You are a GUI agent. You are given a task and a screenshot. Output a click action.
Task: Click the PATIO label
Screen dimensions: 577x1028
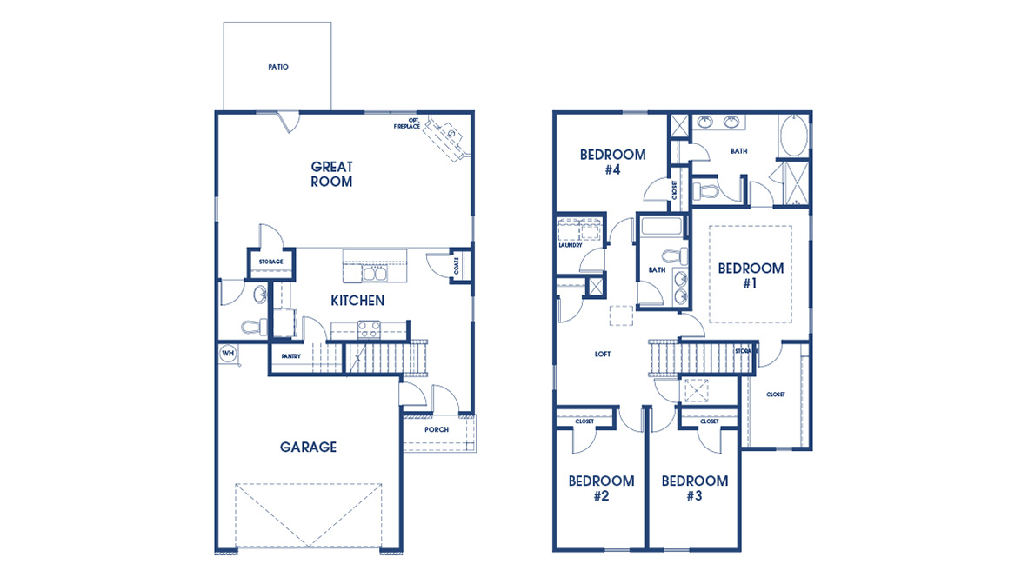point(277,67)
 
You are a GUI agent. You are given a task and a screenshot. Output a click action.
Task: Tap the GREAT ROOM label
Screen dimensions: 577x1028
point(331,174)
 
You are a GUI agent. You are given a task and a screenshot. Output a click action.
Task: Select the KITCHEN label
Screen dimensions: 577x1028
point(357,300)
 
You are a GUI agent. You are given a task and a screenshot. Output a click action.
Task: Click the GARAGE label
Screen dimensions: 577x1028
point(308,447)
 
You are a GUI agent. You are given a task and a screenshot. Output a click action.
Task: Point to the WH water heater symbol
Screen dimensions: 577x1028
point(228,353)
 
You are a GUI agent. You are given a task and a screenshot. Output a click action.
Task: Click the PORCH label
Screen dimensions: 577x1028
point(437,429)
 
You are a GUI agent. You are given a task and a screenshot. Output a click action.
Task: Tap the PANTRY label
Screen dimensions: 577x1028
point(290,356)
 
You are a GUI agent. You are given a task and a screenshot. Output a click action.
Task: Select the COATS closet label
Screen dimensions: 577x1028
point(457,266)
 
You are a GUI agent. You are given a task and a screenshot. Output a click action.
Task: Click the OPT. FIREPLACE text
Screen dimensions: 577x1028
point(407,123)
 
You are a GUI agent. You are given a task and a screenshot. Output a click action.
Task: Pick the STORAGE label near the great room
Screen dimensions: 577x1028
point(270,262)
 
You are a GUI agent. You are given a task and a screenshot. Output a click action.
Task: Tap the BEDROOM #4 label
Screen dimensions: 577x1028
point(612,162)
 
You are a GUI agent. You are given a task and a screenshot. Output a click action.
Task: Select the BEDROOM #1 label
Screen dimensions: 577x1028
point(751,275)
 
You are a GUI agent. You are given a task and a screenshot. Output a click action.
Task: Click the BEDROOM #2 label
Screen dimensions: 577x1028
point(601,488)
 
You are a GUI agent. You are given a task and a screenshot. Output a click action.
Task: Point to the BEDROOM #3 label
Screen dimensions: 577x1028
point(694,488)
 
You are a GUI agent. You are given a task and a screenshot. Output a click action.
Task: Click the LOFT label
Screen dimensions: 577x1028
point(603,354)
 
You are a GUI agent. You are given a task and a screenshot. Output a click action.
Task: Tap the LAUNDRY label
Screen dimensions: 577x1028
point(570,245)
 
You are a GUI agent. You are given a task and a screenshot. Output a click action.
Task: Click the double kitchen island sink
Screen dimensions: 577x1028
point(375,275)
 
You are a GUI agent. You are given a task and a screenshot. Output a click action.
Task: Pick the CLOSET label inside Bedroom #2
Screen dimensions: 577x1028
point(584,421)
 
